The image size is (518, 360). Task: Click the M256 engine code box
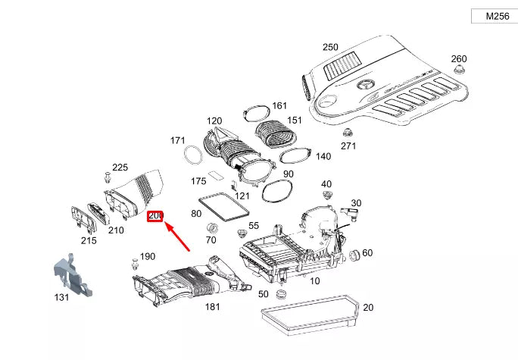pyautogui.click(x=495, y=16)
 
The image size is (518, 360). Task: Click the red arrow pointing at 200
pyautogui.click(x=177, y=236)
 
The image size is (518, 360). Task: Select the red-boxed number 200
pyautogui.click(x=155, y=216)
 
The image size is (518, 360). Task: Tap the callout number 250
pyautogui.click(x=330, y=47)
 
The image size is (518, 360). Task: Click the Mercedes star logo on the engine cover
pyautogui.click(x=365, y=86)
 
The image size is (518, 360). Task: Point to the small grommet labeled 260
pyautogui.click(x=459, y=70)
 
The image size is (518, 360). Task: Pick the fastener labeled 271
pyautogui.click(x=347, y=133)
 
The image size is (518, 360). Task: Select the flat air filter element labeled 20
pyautogui.click(x=310, y=313)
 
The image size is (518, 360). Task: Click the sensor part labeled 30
pyautogui.click(x=351, y=213)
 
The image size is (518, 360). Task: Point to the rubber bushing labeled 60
pyautogui.click(x=354, y=255)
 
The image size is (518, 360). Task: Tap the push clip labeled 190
pyautogui.click(x=135, y=264)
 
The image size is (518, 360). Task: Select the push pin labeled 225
pyautogui.click(x=108, y=177)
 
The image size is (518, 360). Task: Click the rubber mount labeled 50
pyautogui.click(x=281, y=293)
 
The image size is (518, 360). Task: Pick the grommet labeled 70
pyautogui.click(x=212, y=228)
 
